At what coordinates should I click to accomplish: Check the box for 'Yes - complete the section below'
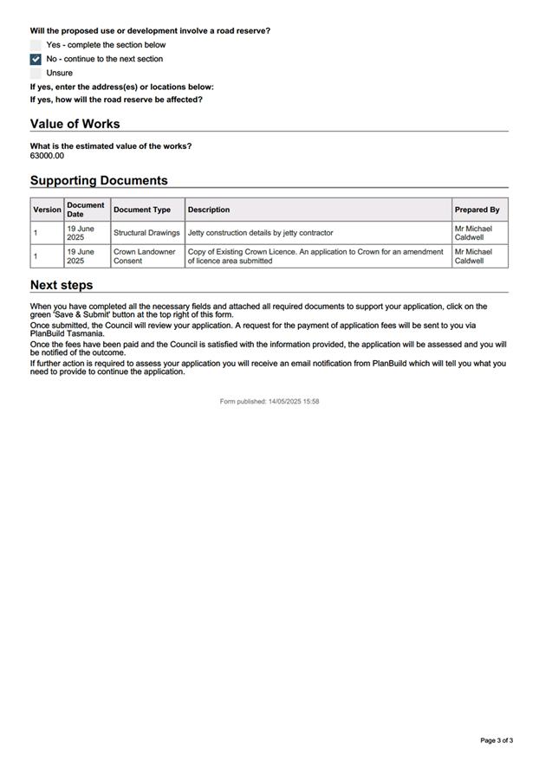36,45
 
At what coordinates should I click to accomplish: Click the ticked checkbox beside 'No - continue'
36,59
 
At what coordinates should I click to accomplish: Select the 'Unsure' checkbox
36,74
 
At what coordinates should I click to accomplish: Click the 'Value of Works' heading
75,124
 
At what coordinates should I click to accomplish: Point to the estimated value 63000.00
47,156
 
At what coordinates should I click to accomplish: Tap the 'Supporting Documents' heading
99,180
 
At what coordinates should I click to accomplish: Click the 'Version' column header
47,210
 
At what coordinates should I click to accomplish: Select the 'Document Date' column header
86,210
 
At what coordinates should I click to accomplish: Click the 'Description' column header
209,210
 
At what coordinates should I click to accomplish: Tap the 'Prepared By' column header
477,210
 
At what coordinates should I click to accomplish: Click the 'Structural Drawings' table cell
146,233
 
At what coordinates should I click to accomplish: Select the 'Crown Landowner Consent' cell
144,256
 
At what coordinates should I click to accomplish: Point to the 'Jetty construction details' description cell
260,233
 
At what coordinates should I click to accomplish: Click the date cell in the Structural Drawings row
81,233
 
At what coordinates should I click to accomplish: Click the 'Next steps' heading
62,285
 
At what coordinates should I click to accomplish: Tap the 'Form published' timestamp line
269,402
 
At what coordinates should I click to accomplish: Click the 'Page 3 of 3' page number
497,740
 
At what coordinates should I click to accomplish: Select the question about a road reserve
150,31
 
